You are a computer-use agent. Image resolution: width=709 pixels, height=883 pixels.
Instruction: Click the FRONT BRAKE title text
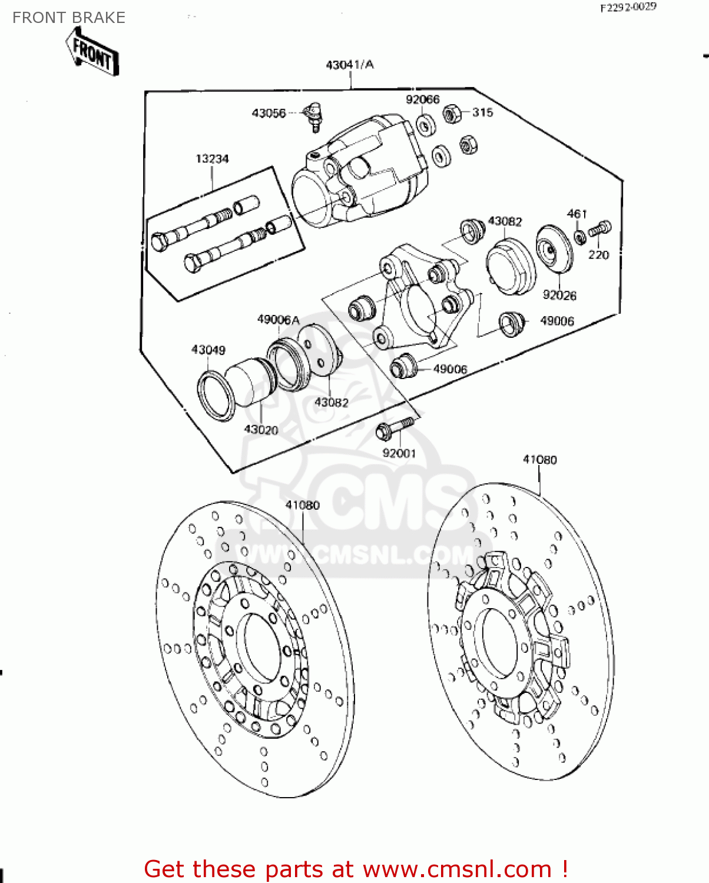coord(69,18)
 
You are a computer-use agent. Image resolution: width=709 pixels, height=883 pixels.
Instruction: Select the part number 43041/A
coord(350,65)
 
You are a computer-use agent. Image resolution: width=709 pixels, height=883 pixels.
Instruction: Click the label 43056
coord(269,113)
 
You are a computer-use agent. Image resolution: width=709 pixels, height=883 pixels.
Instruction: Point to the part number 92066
coord(422,99)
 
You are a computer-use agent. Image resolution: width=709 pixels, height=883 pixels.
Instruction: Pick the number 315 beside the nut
coord(482,112)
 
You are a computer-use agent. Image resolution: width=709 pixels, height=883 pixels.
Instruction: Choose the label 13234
coord(212,159)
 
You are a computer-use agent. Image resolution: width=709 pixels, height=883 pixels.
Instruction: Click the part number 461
coord(577,214)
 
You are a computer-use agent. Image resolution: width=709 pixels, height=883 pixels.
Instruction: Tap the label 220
coord(598,254)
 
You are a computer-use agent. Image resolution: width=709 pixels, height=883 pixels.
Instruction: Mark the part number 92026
coord(559,295)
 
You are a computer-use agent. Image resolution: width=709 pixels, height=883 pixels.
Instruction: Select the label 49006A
coord(278,320)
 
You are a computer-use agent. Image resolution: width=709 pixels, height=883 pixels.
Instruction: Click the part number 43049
coord(208,350)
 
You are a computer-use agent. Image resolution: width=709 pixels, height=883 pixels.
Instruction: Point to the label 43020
coord(261,430)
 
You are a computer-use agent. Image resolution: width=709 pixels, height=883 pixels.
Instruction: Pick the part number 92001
coord(399,453)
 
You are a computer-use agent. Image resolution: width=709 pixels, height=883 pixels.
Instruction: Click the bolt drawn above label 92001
coord(395,428)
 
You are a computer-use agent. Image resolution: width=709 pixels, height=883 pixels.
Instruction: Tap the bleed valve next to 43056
coord(313,115)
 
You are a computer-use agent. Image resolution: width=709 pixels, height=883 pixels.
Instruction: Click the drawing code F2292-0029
coord(628,8)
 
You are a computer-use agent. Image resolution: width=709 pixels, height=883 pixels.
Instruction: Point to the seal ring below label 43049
coord(216,396)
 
